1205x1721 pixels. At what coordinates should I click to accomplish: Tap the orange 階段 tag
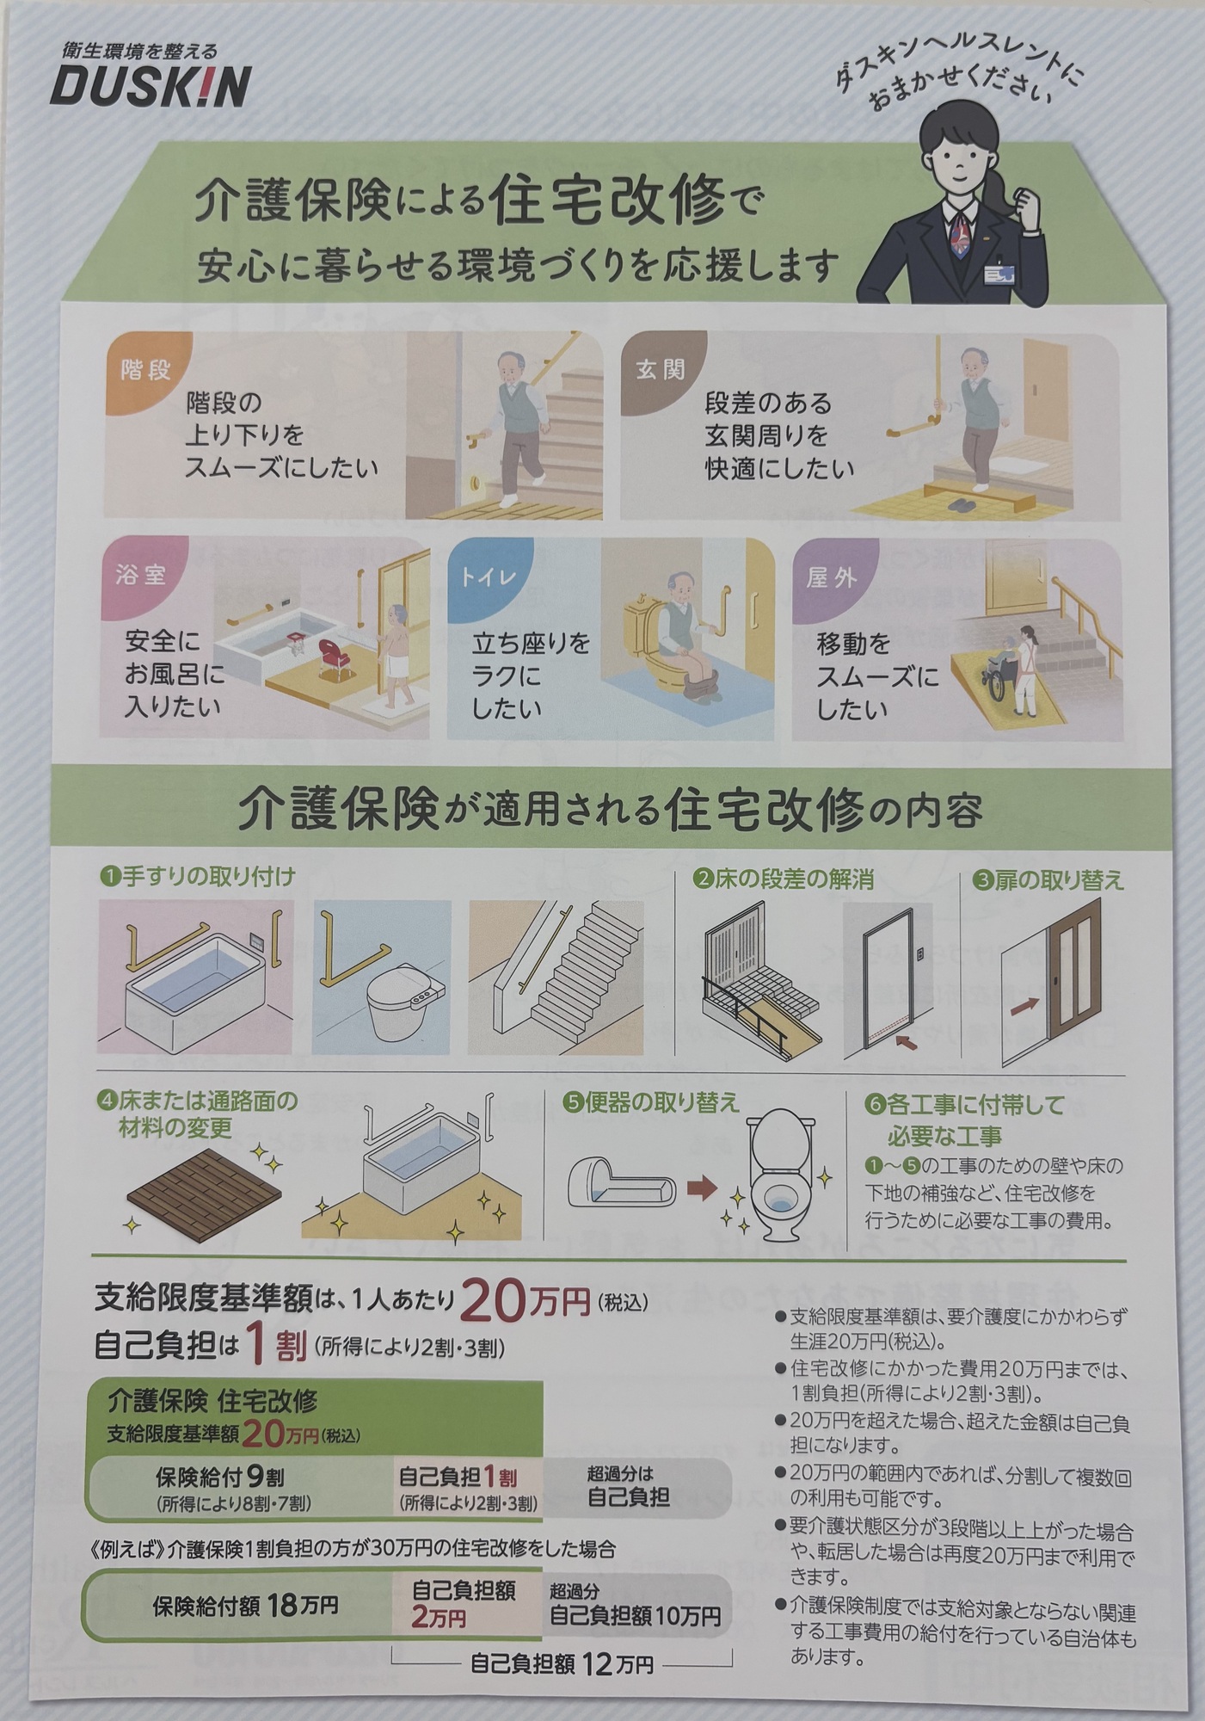144,370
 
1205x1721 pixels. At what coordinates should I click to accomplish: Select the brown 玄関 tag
661,370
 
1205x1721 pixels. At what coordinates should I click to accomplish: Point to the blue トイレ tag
489,575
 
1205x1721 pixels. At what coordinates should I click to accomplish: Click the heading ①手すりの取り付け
198,877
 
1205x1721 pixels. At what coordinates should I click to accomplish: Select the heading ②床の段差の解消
784,879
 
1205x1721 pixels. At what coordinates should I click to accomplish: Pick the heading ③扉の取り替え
1048,879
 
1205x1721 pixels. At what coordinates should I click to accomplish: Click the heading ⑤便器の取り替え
651,1103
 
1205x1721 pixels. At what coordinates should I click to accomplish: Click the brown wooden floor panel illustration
205,1187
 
